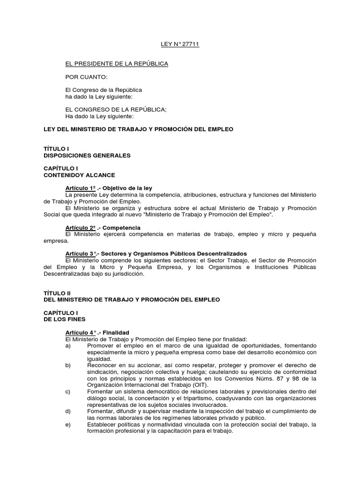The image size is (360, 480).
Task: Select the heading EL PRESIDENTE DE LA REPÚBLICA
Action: [116, 63]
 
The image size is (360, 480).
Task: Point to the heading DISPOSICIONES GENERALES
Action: [87, 155]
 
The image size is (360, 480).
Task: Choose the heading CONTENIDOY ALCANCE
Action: [79, 175]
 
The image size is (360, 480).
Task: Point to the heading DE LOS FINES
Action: [66, 319]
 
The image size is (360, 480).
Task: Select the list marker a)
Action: [68, 345]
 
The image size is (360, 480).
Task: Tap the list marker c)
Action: [68, 391]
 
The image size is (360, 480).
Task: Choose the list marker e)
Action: [68, 424]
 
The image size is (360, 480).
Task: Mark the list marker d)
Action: [68, 411]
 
